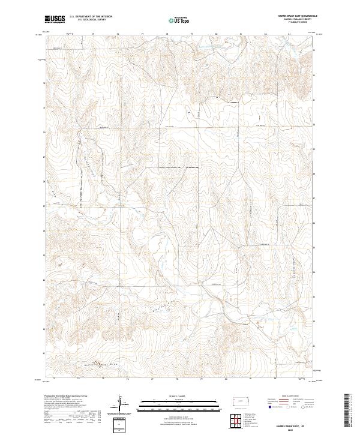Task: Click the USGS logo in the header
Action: (x=54, y=19)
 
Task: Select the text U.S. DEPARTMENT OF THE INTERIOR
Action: (x=91, y=17)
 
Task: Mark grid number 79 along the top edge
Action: (x=191, y=34)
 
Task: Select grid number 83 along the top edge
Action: (x=290, y=34)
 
